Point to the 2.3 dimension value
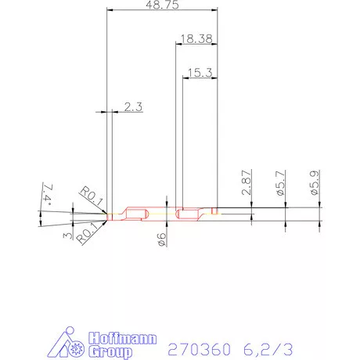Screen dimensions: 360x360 [x=133, y=108]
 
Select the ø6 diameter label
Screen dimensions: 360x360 [x=162, y=240]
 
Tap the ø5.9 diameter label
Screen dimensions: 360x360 [x=315, y=182]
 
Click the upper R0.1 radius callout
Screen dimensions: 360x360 [x=92, y=195]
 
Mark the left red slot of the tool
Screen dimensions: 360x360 [x=136, y=214]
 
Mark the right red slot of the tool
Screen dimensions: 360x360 [x=188, y=214]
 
